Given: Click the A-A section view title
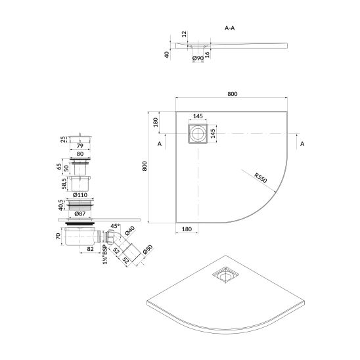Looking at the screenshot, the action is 229,28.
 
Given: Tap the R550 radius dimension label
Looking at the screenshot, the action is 261,178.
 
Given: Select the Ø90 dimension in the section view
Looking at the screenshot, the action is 198,58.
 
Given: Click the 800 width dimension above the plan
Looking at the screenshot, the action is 233,94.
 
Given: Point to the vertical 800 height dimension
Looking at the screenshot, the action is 145,166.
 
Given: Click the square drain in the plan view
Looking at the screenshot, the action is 198,134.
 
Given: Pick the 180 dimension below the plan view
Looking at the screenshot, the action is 187,229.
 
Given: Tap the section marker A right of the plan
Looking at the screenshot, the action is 302,144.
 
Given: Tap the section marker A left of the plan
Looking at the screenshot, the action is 160,144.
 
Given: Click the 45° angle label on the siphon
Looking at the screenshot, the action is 115,226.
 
